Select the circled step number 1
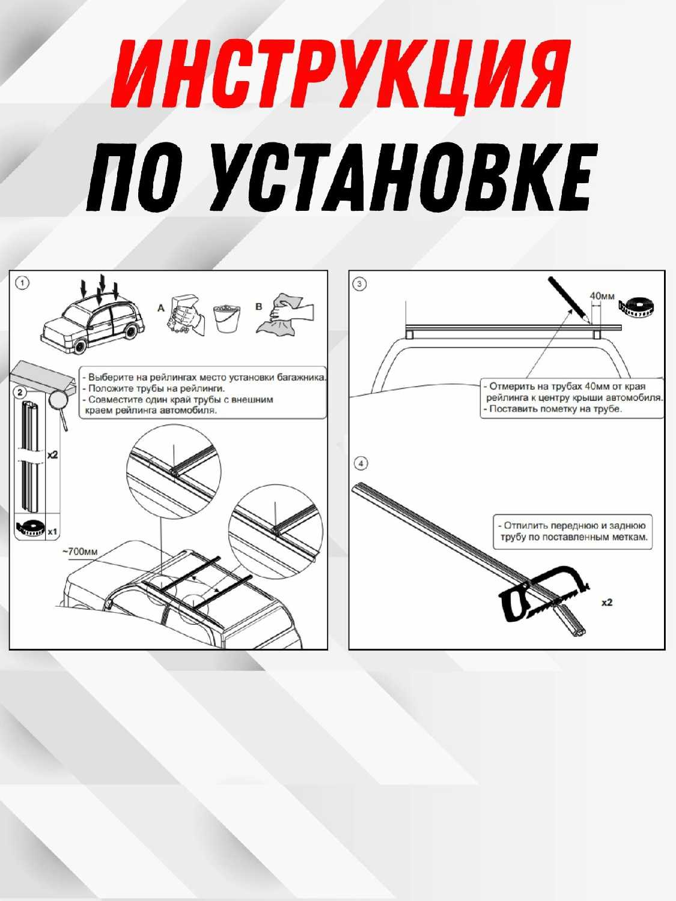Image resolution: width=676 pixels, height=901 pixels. (22, 283)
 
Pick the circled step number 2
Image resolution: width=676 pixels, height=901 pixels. (20, 392)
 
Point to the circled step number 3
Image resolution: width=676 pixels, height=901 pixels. (360, 284)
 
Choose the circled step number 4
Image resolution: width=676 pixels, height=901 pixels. (361, 464)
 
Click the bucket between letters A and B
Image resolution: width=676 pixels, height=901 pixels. (227, 318)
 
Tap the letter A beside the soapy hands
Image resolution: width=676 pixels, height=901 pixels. (161, 308)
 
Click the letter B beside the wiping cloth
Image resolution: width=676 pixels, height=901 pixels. (258, 306)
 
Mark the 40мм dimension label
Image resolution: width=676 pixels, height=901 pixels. (602, 295)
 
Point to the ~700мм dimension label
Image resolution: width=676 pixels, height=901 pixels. (81, 551)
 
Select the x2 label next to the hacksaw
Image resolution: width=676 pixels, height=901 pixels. (607, 602)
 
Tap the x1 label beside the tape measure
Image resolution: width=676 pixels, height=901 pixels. (52, 532)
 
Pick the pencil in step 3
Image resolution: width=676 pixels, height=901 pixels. (569, 299)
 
